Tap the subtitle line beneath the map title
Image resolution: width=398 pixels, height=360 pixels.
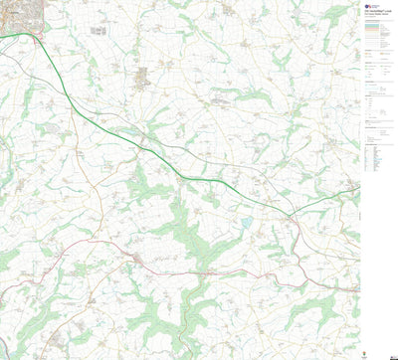coord(374,16)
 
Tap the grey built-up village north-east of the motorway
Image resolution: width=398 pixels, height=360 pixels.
coord(141,76)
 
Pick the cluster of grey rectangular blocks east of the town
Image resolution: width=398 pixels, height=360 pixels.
coord(100,30)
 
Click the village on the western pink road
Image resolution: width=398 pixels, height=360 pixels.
coord(140,261)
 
